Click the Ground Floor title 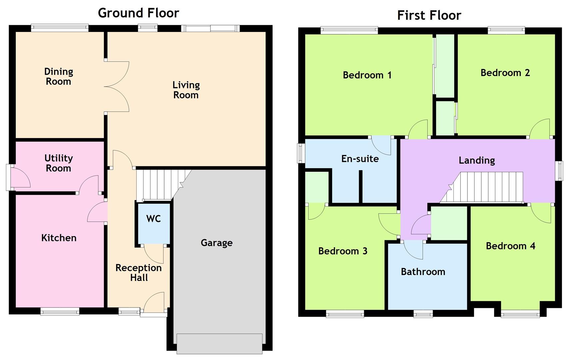pos(138,13)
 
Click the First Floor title pos(429,15)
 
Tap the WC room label pos(154,219)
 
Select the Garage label pos(217,243)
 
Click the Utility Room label pos(59,163)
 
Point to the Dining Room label pos(59,76)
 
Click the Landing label pos(476,160)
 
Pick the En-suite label pos(360,159)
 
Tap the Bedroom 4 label pos(510,246)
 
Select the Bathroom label pos(423,272)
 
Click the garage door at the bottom pos(219,343)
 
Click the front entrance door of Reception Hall pos(154,303)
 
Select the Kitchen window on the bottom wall pos(60,311)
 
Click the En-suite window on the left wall pos(301,153)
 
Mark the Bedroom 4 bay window pos(520,313)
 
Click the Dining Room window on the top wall pos(60,28)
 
